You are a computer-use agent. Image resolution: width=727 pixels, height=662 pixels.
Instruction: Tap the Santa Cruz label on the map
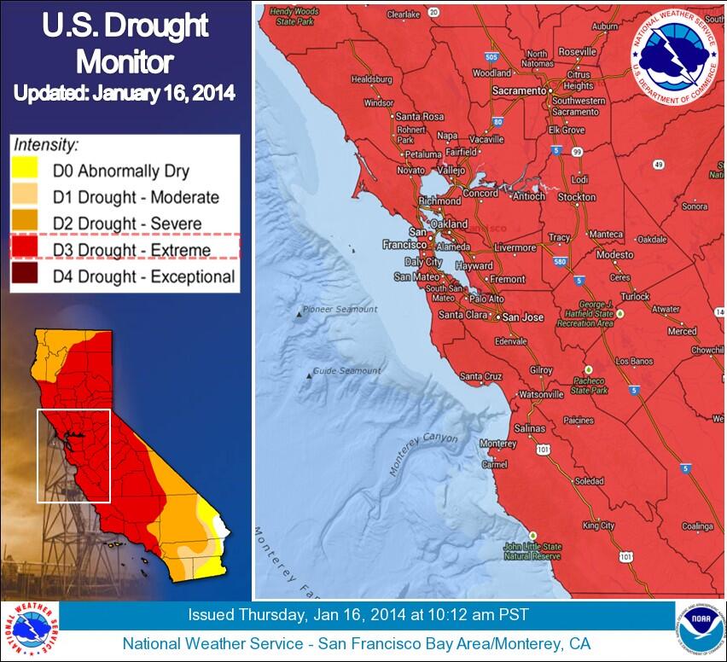tap(481, 376)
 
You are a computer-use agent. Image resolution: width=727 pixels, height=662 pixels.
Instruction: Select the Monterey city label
tap(497, 444)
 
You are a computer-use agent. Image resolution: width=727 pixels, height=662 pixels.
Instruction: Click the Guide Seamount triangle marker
tap(309, 375)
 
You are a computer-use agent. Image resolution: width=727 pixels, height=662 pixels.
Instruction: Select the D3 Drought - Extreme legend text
tap(131, 250)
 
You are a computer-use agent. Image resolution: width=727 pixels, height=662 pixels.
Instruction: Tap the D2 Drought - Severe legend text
tap(127, 224)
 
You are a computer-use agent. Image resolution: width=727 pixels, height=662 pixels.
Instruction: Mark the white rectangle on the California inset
tap(73, 456)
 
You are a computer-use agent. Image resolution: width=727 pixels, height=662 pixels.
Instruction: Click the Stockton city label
tap(577, 197)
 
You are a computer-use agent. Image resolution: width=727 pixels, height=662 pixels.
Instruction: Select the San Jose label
tap(522, 317)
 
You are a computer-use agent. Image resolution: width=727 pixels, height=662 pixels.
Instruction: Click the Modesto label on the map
tap(615, 255)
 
